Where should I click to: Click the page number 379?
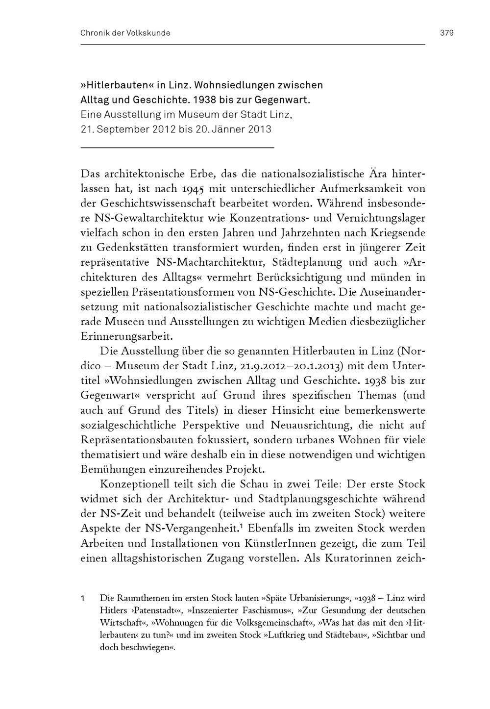447,33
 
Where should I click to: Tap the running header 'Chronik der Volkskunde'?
125,33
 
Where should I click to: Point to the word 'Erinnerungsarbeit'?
127,337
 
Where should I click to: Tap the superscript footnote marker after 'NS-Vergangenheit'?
242,526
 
